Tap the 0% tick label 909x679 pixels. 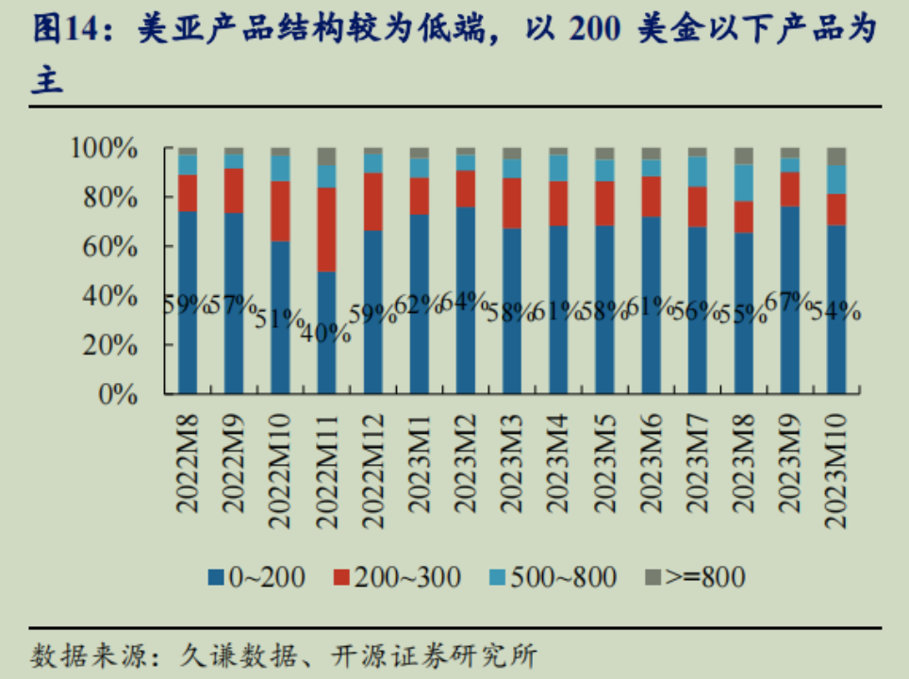pyautogui.click(x=131, y=394)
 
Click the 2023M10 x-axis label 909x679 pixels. pyautogui.click(x=836, y=461)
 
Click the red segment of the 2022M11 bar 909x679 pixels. pyautogui.click(x=326, y=229)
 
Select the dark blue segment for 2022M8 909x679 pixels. pyautogui.click(x=187, y=302)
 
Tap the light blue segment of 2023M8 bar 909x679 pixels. pyautogui.click(x=744, y=183)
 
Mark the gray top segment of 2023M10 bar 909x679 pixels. pyautogui.click(x=836, y=156)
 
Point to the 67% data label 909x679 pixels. pyautogui.click(x=790, y=302)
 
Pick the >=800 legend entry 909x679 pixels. pyautogui.click(x=695, y=576)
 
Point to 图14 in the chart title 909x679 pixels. pyautogui.click(x=65, y=31)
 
